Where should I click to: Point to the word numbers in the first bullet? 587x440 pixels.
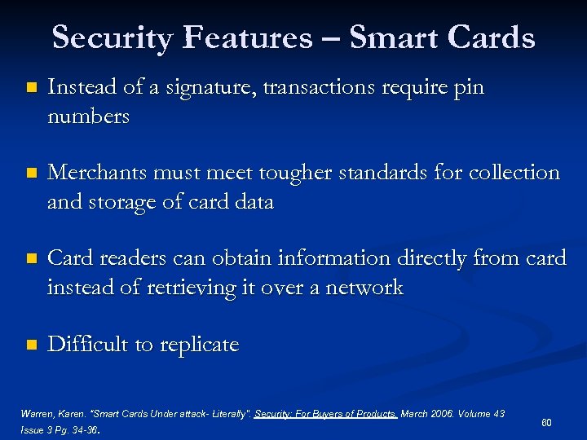[x=88, y=117]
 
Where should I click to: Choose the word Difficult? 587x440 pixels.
[x=88, y=345]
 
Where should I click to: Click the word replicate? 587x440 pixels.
[x=200, y=345]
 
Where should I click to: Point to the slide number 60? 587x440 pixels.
[x=546, y=422]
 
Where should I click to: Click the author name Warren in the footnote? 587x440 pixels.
[x=36, y=414]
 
